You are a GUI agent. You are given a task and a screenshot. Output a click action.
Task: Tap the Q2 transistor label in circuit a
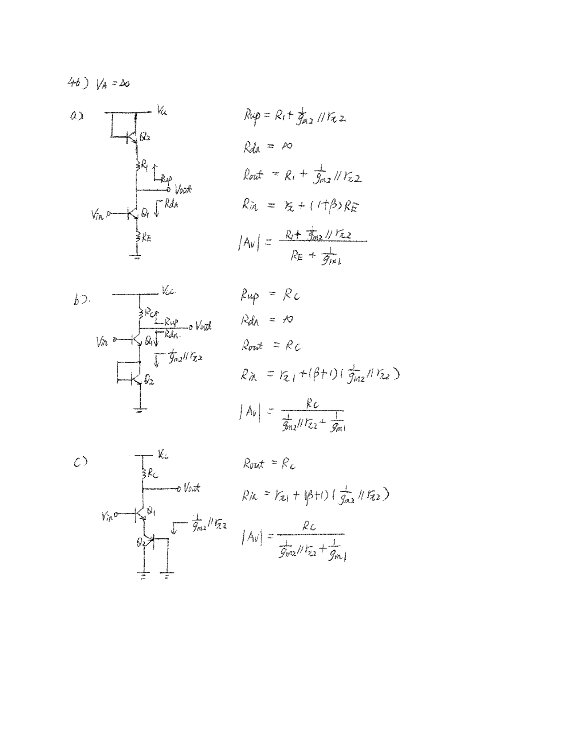pyautogui.click(x=145, y=137)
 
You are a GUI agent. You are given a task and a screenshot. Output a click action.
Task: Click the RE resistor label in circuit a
pyautogui.click(x=146, y=238)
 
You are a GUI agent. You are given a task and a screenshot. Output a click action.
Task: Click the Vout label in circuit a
pyautogui.click(x=183, y=190)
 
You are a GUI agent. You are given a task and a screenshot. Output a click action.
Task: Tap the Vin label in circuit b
pyautogui.click(x=102, y=342)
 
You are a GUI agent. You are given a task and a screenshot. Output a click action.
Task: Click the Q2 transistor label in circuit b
pyautogui.click(x=149, y=380)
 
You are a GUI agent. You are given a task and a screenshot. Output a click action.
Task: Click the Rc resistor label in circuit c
pyautogui.click(x=153, y=474)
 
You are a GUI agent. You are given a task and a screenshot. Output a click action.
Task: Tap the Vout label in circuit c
pyautogui.click(x=192, y=488)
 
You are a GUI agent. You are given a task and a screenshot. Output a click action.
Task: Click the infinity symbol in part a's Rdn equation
pyautogui.click(x=287, y=146)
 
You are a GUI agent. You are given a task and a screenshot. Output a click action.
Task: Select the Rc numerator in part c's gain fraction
pyautogui.click(x=309, y=526)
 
